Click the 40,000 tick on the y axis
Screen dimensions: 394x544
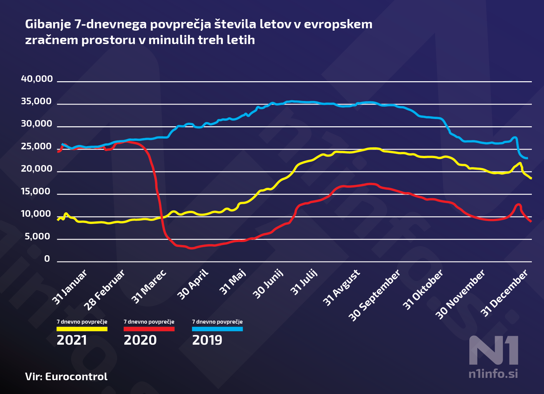[x=37, y=79]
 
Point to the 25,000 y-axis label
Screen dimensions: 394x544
[x=37, y=146]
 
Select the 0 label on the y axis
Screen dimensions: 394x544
[x=47, y=259]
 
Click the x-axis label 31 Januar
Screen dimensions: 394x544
[x=70, y=287]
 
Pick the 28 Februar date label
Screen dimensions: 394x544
[x=104, y=290]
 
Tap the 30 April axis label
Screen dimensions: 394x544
[x=193, y=284]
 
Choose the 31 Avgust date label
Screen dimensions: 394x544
[x=341, y=288]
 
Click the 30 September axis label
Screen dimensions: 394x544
[x=375, y=295]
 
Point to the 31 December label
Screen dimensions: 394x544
[x=505, y=293]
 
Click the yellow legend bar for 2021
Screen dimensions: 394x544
[x=82, y=329]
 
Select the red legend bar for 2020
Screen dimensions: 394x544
[x=149, y=329]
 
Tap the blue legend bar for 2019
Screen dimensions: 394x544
[x=217, y=329]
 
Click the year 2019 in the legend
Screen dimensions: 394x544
[x=207, y=340]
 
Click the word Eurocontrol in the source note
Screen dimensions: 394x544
[x=76, y=377]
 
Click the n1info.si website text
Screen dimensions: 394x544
[x=493, y=374]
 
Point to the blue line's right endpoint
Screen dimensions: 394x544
[x=527, y=158]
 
